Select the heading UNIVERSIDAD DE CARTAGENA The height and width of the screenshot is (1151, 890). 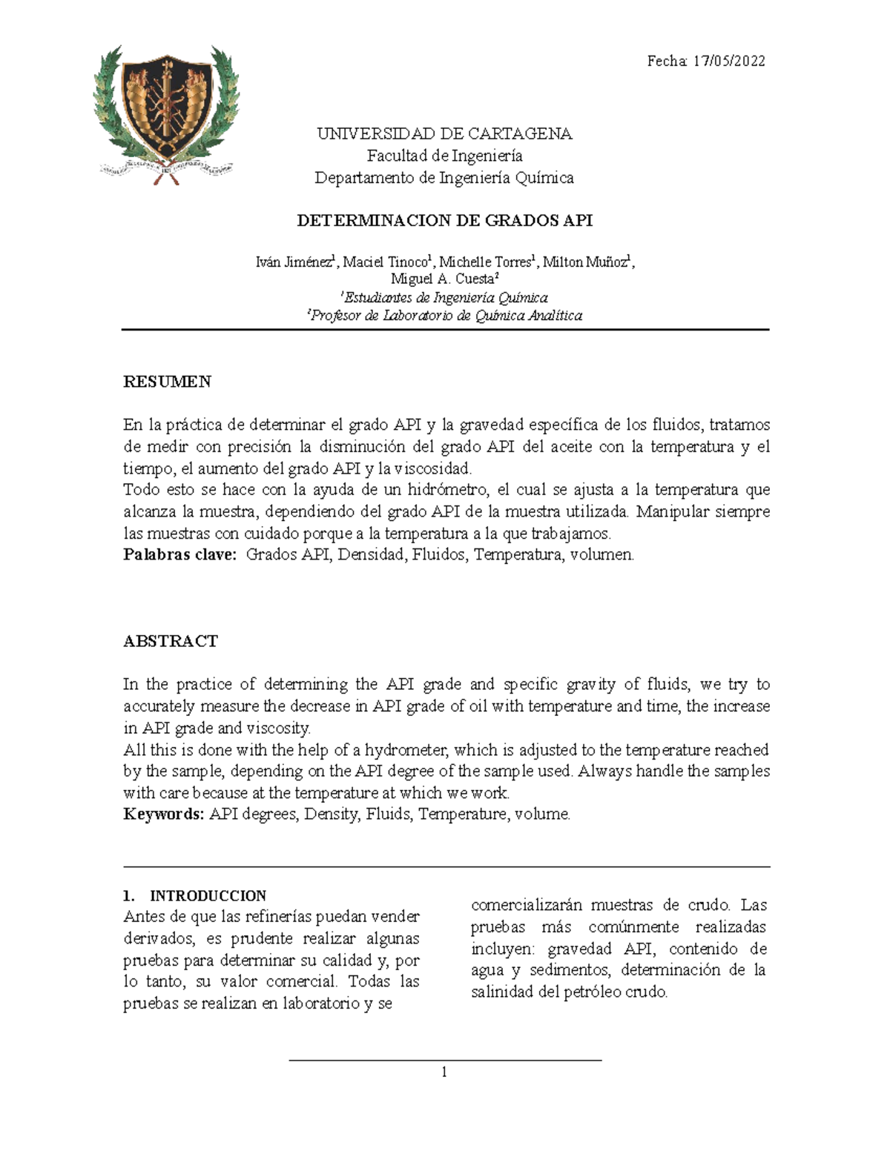[444, 134]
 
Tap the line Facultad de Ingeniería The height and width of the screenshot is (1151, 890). [444, 156]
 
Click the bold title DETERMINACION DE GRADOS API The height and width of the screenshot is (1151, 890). [444, 221]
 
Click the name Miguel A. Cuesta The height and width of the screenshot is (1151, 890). [443, 279]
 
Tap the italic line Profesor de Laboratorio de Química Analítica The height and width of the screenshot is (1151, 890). [446, 316]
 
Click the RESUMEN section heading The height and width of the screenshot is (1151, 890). [167, 382]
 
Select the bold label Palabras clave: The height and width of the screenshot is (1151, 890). [179, 554]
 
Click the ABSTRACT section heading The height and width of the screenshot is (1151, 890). [171, 641]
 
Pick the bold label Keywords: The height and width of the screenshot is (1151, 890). [163, 815]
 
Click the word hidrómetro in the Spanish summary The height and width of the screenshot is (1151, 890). [446, 490]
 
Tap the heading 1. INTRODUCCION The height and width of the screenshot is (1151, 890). [195, 895]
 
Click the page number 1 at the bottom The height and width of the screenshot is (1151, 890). [444, 1072]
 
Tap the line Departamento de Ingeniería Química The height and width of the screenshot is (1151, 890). [444, 178]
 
